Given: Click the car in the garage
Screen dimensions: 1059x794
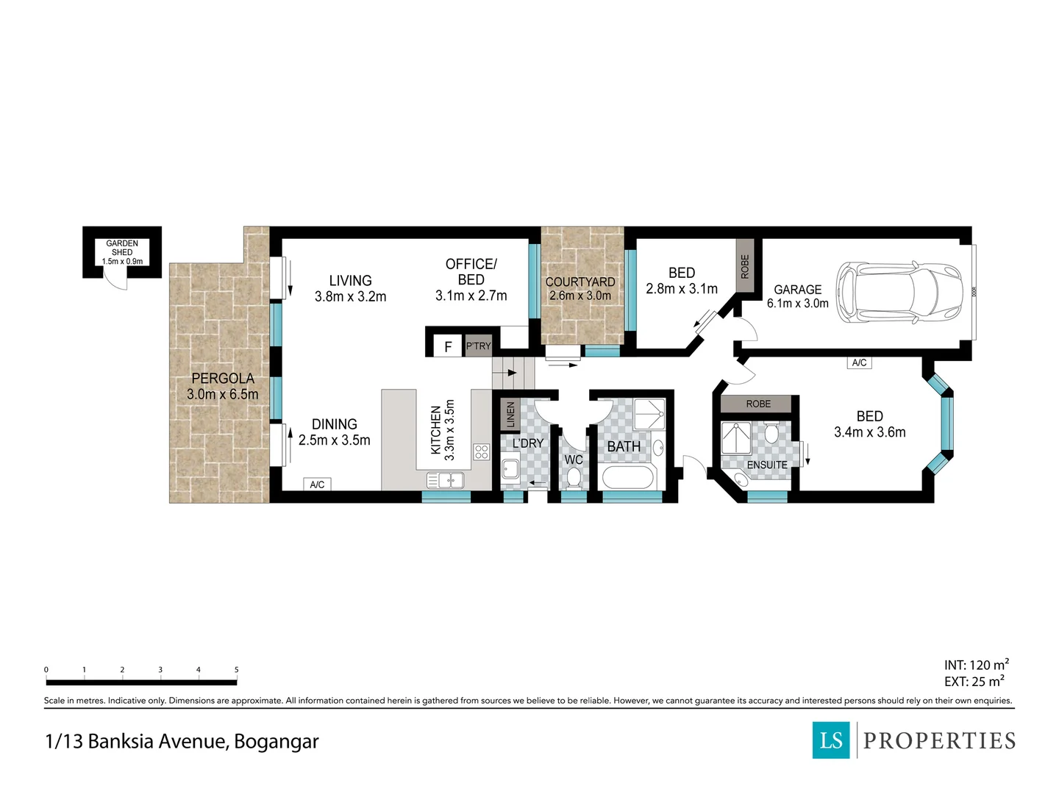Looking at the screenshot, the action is pos(899,293).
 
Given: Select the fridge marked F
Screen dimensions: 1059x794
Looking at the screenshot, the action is pos(448,346).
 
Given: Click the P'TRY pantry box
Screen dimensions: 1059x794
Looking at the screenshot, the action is pos(478,346).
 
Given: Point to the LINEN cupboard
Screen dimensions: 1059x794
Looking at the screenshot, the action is pos(510,414).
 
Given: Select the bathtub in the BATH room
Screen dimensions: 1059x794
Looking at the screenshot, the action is pos(628,478).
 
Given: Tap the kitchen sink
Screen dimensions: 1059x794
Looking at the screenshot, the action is pos(446,480).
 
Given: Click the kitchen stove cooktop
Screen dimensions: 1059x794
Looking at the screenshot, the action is pos(482,451).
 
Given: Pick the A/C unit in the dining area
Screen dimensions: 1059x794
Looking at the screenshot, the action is pos(317,484).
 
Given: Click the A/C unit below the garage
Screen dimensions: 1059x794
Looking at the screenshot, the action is pos(859,362).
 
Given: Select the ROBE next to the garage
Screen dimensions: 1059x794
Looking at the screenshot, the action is pos(744,266).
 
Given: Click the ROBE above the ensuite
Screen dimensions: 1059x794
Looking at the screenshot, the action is pos(758,404).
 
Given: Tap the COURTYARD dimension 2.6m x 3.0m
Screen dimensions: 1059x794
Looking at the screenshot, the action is pos(580,296).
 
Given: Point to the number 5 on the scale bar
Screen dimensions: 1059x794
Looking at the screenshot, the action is pos(236,670).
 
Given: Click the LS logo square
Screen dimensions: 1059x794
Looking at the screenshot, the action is pos(831,740).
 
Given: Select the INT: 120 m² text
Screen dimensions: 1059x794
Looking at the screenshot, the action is pos(976,665).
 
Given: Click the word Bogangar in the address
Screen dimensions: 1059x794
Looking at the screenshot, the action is pos(277,742).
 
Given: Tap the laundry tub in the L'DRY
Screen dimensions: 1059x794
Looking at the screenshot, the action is pos(510,468).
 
